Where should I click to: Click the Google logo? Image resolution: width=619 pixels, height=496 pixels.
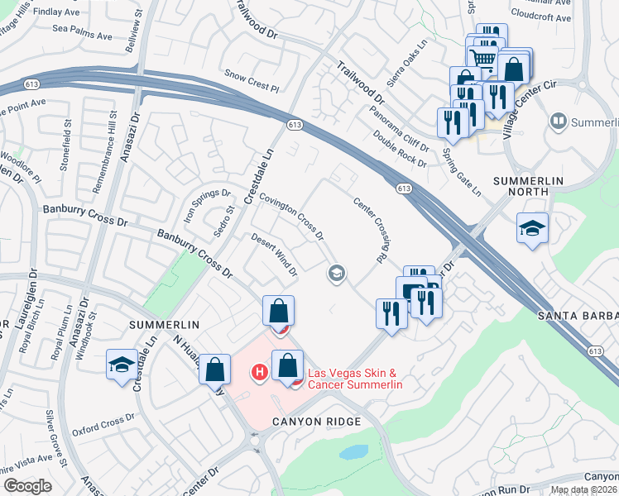28,486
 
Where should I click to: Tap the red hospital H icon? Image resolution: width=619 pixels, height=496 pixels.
259,373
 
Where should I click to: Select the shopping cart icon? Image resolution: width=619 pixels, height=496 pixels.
482,56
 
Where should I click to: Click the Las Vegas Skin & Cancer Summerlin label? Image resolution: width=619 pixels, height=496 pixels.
355,379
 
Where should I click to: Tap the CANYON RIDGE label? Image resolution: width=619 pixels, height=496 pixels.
317,422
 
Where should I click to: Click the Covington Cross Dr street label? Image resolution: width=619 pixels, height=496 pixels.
291,217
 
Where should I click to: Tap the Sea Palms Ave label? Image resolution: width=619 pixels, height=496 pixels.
82,36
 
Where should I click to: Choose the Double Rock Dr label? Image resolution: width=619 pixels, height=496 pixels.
400,149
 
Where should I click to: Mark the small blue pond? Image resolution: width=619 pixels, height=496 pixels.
353,452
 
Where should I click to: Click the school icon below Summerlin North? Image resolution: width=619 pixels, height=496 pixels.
532,229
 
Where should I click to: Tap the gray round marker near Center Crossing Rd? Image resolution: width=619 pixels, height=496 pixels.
337,273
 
